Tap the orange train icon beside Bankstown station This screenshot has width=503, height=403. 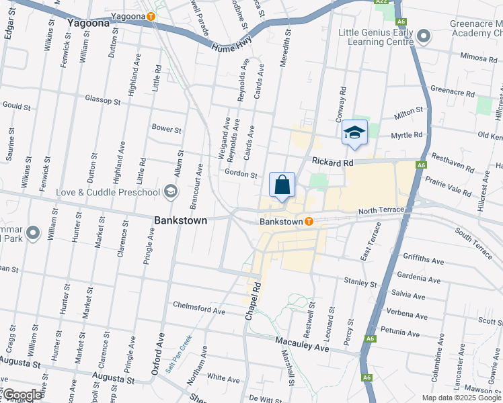(309, 221)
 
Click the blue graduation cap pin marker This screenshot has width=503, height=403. (354, 132)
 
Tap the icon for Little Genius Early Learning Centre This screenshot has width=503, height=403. (423, 36)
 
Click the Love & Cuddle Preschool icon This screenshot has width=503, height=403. (171, 193)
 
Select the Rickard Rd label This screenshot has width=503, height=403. (332, 163)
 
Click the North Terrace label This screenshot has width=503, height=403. (381, 210)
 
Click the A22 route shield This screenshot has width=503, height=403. (381, 2)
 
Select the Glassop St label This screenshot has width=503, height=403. (102, 100)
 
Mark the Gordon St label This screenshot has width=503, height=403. (241, 175)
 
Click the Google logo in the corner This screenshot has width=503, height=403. (22, 396)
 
